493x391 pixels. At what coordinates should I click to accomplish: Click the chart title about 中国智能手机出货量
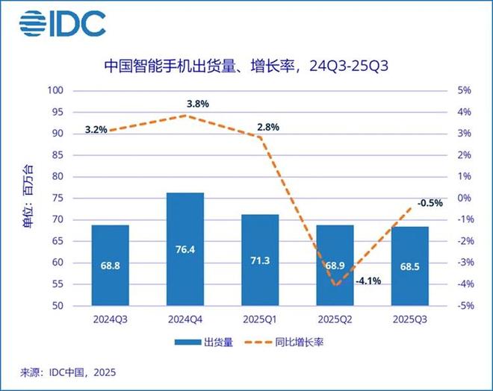coord(246,67)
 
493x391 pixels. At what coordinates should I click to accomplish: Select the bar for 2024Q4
coord(185,249)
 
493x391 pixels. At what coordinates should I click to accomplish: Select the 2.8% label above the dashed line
coord(267,127)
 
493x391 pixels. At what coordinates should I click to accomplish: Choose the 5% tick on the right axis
coord(463,90)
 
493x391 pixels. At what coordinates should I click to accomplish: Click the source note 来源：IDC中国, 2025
coord(68,371)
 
